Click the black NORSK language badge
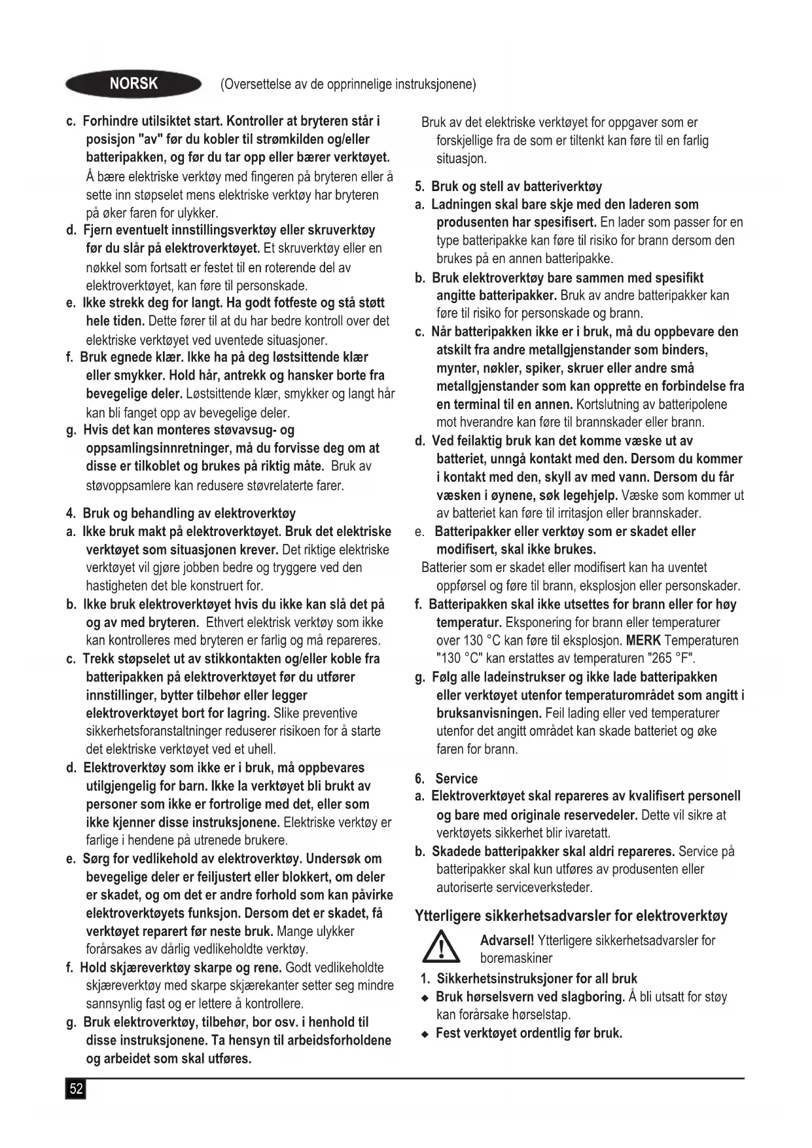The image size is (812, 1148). (133, 84)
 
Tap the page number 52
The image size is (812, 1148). (76, 1089)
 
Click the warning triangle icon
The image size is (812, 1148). (440, 948)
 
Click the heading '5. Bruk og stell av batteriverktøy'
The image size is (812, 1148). (508, 187)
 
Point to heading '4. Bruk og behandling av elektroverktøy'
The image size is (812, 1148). (181, 513)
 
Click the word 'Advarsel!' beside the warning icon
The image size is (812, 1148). (507, 941)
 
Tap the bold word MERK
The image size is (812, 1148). (643, 641)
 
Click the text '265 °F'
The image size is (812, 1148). (669, 658)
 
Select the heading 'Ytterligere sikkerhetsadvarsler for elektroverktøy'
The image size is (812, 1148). (571, 916)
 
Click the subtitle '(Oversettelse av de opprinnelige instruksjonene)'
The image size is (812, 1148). (348, 84)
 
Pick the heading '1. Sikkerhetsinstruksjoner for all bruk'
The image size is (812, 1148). (529, 978)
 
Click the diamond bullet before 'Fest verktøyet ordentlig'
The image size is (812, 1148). (425, 1034)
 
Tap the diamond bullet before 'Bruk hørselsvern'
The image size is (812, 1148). (425, 998)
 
